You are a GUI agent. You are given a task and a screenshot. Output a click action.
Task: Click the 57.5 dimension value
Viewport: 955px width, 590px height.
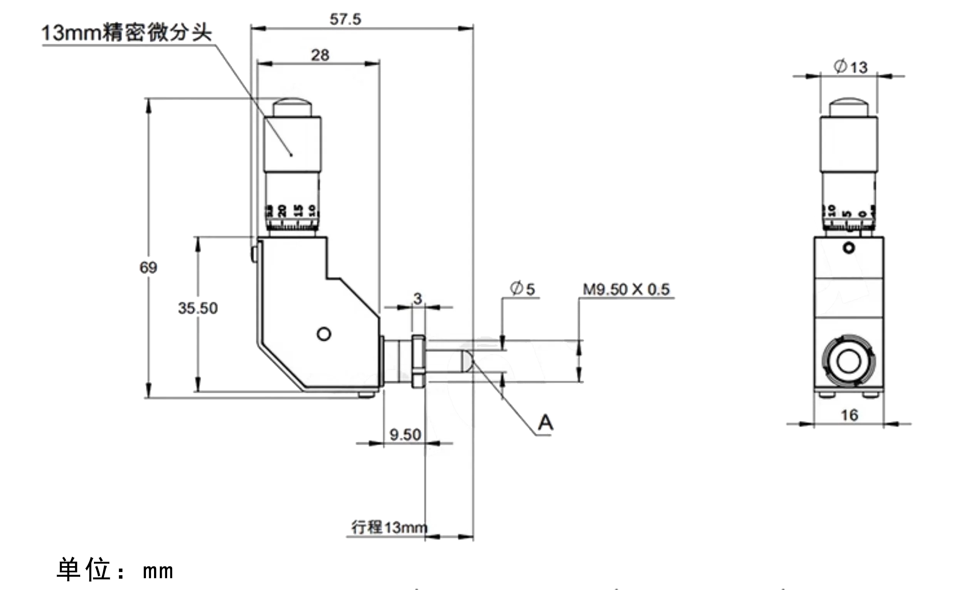click(x=345, y=20)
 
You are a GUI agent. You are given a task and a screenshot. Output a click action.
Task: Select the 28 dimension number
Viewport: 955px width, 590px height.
click(x=320, y=55)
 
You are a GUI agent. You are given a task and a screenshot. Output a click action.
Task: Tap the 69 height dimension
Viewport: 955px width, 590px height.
click(x=148, y=268)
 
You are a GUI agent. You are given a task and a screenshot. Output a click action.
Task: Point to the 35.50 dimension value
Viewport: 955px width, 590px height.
click(x=198, y=308)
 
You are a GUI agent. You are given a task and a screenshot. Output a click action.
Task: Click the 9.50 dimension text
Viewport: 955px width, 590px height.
click(x=405, y=435)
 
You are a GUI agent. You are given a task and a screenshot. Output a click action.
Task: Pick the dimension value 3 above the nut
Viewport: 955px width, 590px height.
click(x=418, y=299)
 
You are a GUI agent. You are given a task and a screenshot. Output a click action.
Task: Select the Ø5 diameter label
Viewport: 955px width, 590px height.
click(x=523, y=289)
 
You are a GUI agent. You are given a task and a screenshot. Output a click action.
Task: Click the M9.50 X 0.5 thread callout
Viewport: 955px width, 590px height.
click(x=626, y=289)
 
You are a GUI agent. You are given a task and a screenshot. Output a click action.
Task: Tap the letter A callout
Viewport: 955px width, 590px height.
click(x=546, y=423)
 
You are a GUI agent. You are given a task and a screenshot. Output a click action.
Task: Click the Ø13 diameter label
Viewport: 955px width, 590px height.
click(x=851, y=67)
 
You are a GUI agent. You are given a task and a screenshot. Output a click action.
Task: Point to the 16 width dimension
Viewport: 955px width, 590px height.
click(x=849, y=415)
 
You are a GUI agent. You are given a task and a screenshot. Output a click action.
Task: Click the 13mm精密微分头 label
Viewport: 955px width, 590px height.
click(x=127, y=33)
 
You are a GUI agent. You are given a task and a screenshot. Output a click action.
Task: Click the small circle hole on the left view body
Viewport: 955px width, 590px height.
click(x=324, y=334)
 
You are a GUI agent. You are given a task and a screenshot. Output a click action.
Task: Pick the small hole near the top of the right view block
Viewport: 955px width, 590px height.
click(x=849, y=248)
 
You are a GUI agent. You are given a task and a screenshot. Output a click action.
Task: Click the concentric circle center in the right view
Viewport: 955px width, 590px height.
click(x=849, y=361)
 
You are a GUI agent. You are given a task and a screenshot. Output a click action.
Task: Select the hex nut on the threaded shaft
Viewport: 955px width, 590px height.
click(x=418, y=361)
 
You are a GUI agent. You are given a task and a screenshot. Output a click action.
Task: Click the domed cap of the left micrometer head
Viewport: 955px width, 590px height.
click(x=292, y=107)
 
